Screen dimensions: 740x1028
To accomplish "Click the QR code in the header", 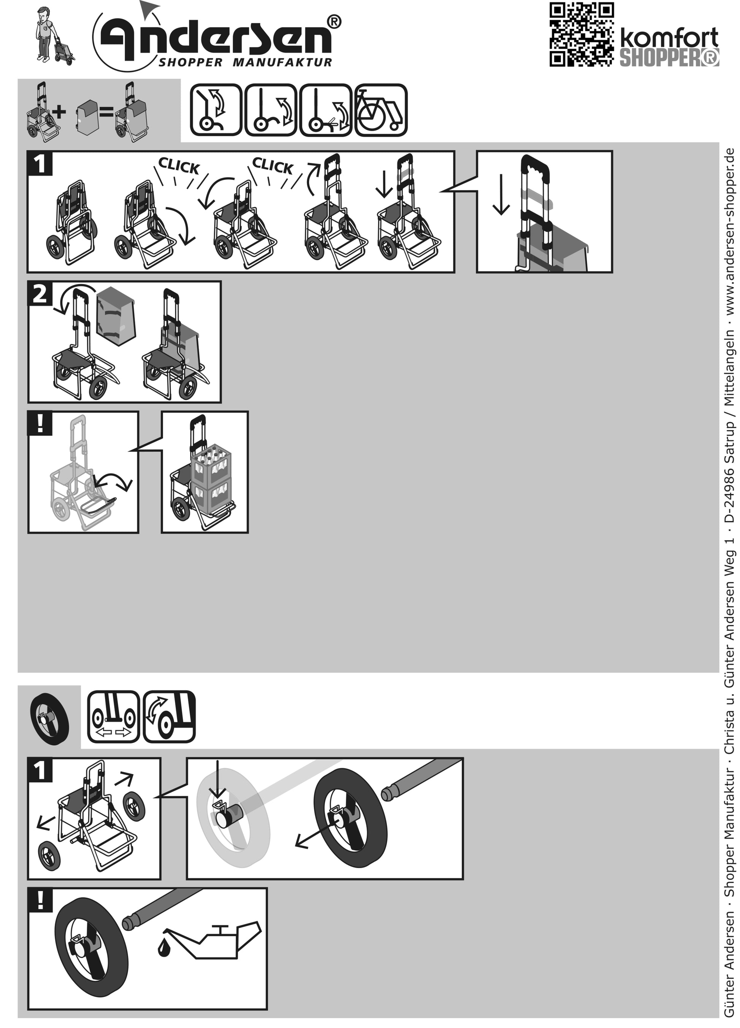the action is [x=582, y=35].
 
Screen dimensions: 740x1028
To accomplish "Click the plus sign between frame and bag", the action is [x=59, y=111].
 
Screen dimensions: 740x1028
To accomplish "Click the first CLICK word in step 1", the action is [x=179, y=166].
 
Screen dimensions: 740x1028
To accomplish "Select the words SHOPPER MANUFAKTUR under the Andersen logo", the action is [x=245, y=62].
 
